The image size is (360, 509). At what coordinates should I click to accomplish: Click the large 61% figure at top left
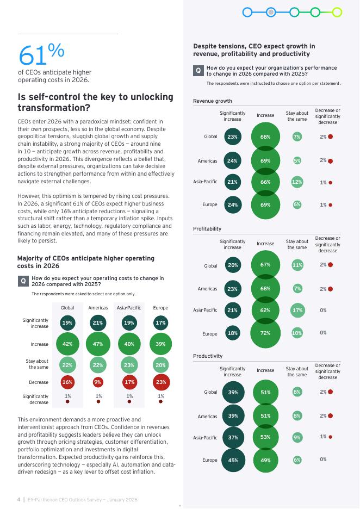pyautogui.click(x=41, y=54)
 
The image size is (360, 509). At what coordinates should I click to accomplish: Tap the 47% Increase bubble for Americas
pyautogui.click(x=98, y=344)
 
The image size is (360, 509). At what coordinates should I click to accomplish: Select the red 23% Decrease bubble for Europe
pyautogui.click(x=160, y=382)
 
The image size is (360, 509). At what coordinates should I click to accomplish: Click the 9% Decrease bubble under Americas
pyautogui.click(x=98, y=382)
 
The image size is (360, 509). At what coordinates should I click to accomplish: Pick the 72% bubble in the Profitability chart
pyautogui.click(x=265, y=333)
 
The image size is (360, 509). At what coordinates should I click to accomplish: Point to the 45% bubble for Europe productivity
pyautogui.click(x=233, y=460)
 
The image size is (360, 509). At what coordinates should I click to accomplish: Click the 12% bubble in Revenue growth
pyautogui.click(x=297, y=182)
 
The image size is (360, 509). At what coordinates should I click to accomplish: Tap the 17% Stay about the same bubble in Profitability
pyautogui.click(x=297, y=310)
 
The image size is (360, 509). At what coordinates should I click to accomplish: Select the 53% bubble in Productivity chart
pyautogui.click(x=265, y=437)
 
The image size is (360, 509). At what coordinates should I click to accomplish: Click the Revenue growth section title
pyautogui.click(x=213, y=101)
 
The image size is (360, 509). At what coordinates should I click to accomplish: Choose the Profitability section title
pyautogui.click(x=207, y=229)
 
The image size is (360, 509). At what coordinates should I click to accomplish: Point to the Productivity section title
pyautogui.click(x=208, y=356)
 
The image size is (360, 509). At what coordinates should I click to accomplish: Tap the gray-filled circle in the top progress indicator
pyautogui.click(x=270, y=12)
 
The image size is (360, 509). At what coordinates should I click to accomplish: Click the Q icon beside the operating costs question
pyautogui.click(x=23, y=281)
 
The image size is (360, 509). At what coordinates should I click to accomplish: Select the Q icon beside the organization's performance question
pyautogui.click(x=198, y=71)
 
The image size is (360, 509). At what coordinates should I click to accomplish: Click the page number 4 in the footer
pyautogui.click(x=18, y=499)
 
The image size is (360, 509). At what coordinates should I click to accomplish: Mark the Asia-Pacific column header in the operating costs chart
pyautogui.click(x=129, y=308)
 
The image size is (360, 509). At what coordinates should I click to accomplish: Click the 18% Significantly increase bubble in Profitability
pyautogui.click(x=233, y=333)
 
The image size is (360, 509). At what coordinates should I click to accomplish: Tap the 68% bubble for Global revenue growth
pyautogui.click(x=265, y=136)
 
